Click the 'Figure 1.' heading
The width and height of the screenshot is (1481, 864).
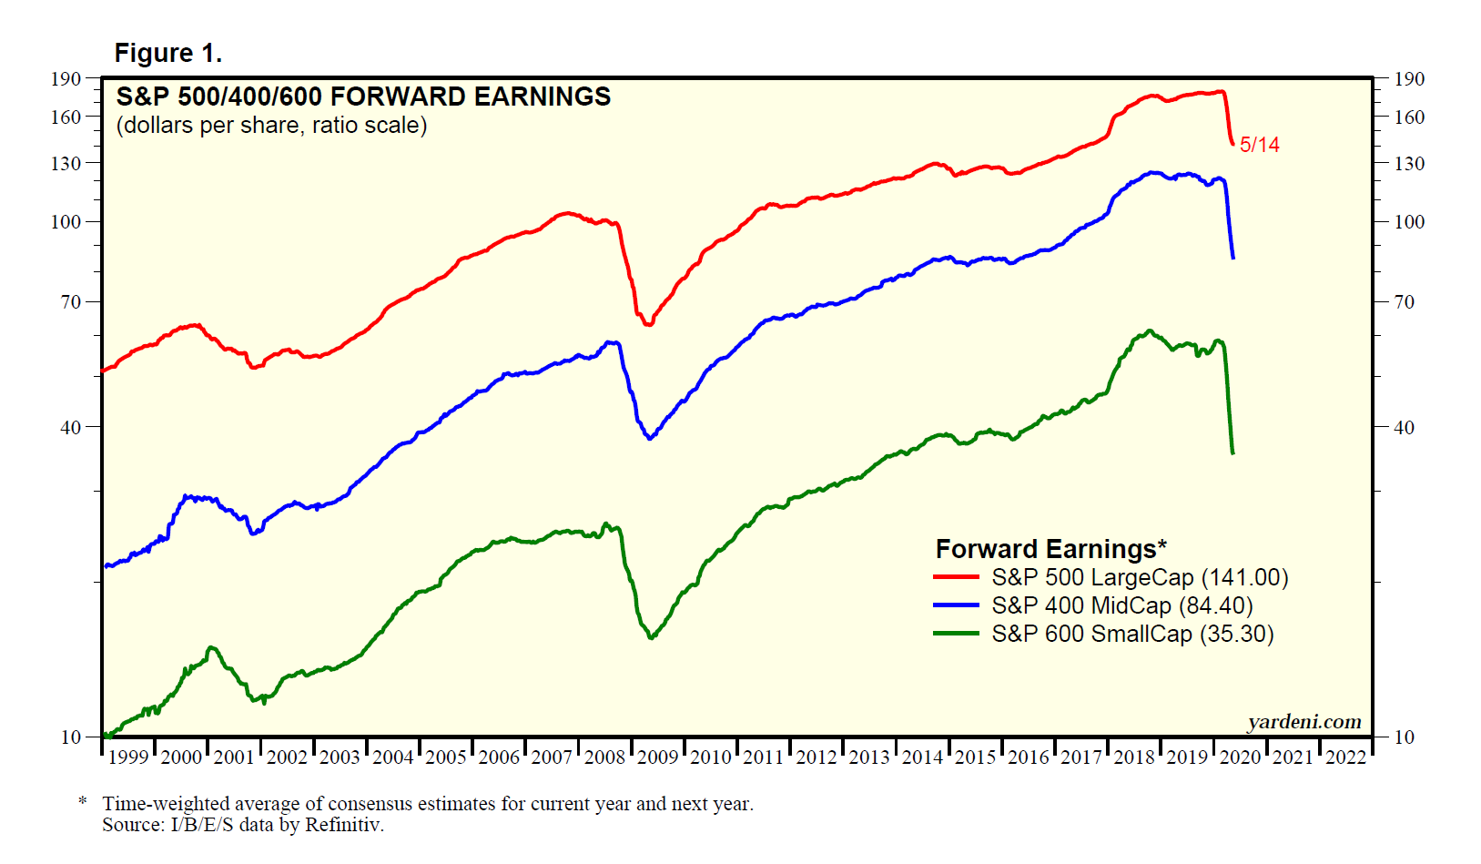167,54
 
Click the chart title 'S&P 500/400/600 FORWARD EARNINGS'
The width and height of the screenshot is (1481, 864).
363,97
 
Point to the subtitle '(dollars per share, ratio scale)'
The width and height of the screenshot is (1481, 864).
271,125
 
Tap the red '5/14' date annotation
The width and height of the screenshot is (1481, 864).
1260,145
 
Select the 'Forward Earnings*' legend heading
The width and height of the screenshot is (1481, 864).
1050,549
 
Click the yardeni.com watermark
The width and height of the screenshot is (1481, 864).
1304,722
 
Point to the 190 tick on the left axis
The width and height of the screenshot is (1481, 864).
66,79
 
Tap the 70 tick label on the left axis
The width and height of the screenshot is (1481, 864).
70,301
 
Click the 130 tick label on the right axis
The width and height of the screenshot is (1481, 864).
1409,164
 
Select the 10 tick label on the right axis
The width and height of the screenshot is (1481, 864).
1405,737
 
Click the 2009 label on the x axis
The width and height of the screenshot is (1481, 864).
657,757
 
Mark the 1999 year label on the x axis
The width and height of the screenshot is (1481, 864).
128,757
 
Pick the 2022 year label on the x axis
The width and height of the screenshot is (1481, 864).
1345,757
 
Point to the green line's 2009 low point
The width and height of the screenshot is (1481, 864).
651,636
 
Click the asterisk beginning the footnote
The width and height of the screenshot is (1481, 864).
83,802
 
